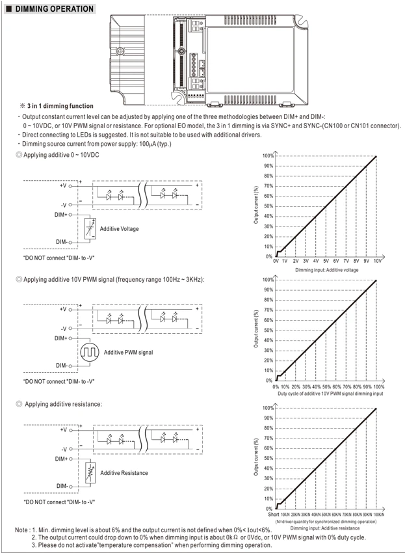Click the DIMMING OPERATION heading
55,9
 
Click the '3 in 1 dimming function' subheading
60,106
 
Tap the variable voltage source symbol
90,229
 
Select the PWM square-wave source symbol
90,352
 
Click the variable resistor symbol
90,472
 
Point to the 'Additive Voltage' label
119,229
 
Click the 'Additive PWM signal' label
128,353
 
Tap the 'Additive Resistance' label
124,473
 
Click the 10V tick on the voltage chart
378,262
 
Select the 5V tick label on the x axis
326,262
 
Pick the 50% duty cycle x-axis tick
326,387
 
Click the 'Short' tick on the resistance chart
274,515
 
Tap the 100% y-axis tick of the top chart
268,156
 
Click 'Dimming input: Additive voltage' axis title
327,270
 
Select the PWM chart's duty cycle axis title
330,394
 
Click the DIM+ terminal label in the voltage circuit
60,215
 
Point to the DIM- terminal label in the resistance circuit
62,486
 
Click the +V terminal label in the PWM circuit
63,309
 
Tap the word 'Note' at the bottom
21,530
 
